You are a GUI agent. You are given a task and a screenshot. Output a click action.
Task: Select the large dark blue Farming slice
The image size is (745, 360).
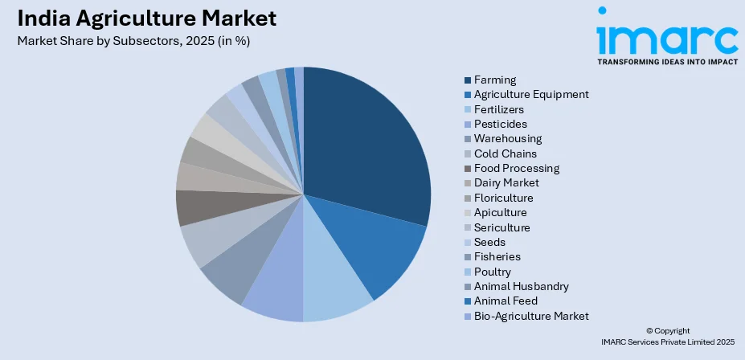[362, 145]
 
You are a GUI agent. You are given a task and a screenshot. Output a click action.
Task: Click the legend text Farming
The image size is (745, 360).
[495, 80]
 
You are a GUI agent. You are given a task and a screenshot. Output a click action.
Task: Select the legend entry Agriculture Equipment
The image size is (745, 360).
[531, 94]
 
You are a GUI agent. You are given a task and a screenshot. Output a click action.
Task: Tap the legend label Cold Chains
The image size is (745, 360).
[506, 153]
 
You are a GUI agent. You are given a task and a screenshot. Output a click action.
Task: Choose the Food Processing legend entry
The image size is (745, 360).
[517, 168]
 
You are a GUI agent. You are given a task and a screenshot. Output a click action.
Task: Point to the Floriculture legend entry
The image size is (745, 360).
[503, 198]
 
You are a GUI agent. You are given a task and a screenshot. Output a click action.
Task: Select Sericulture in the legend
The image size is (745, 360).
[501, 227]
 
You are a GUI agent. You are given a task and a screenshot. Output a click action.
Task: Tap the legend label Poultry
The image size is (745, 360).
[492, 272]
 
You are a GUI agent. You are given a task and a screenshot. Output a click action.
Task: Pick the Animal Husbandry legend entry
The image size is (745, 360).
[522, 286]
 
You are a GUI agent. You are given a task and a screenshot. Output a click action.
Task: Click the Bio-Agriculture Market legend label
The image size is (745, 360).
[531, 316]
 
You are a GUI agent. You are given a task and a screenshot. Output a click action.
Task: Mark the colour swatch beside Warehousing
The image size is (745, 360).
[468, 139]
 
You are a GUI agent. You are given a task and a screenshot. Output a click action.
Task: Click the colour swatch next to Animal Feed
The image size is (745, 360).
[468, 301]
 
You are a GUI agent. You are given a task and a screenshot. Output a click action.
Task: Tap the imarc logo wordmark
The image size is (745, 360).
[666, 36]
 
